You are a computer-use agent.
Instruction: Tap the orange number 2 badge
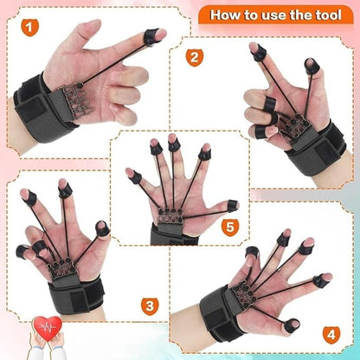click(196, 59)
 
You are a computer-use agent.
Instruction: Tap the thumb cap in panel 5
click(232, 206)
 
